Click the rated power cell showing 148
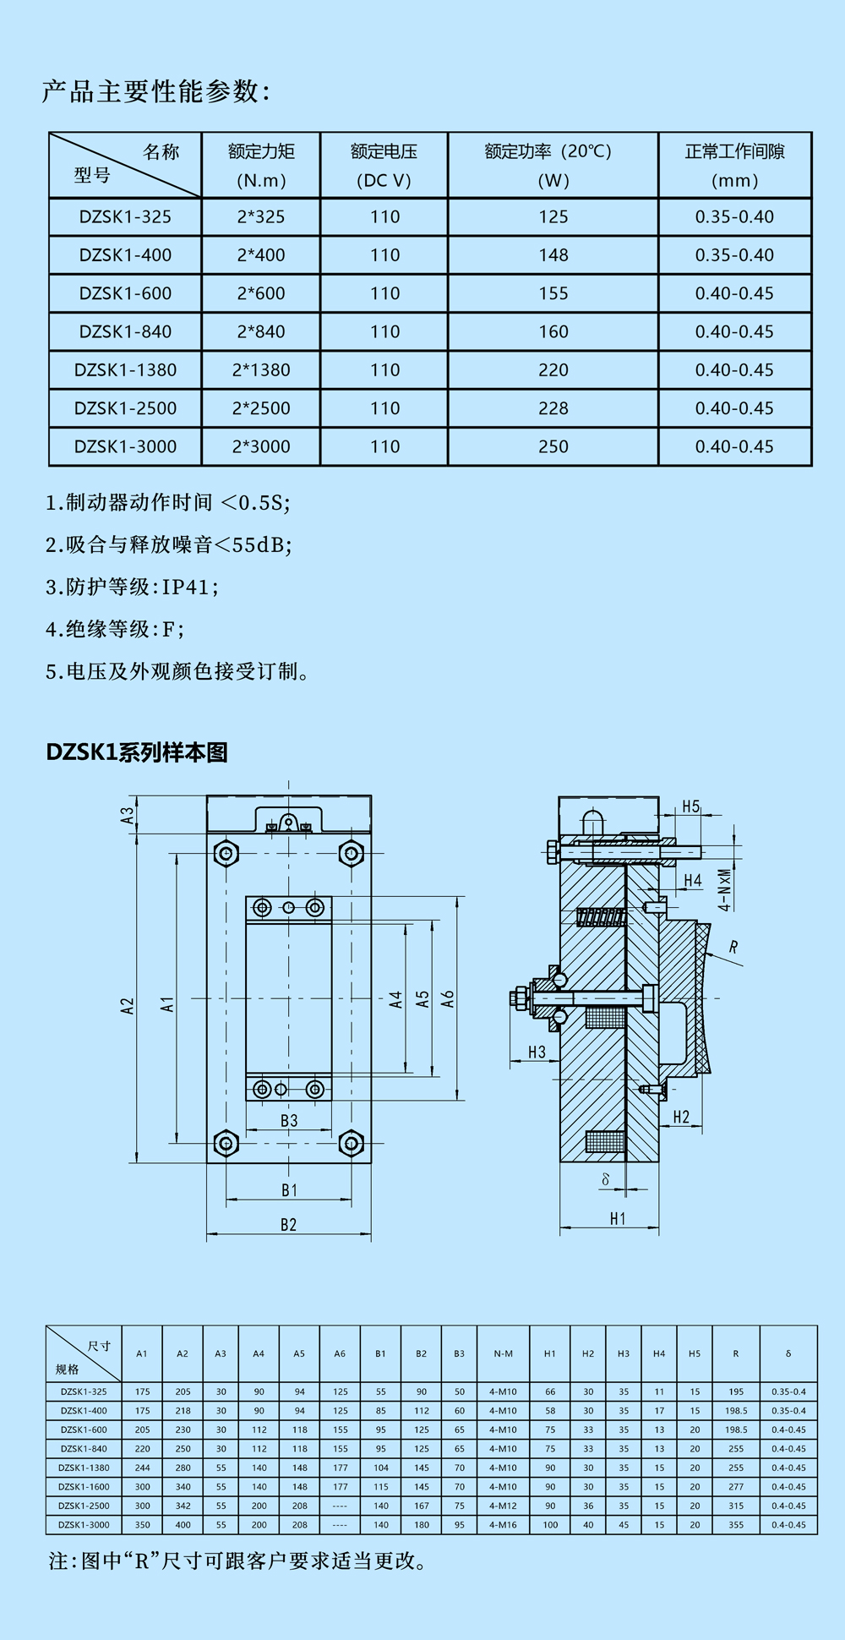coord(553,255)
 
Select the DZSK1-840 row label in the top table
coord(125,332)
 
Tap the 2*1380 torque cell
coord(261,370)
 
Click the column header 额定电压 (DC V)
coord(384,166)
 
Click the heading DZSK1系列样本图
coord(137,752)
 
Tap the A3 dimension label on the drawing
coord(128,815)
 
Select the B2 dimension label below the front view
coord(289,1225)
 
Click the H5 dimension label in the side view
coord(691,806)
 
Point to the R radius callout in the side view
coord(733,948)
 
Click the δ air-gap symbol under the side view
coord(605,1179)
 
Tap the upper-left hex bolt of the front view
coord(226,853)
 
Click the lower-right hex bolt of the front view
coord(351,1143)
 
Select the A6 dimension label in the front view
coord(448,999)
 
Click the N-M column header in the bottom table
coord(504,1353)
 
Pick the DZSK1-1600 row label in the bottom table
coord(84,1487)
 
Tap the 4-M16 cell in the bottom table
coord(503,1525)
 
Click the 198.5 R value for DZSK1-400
coord(736,1411)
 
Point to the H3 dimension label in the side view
coord(537,1052)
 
